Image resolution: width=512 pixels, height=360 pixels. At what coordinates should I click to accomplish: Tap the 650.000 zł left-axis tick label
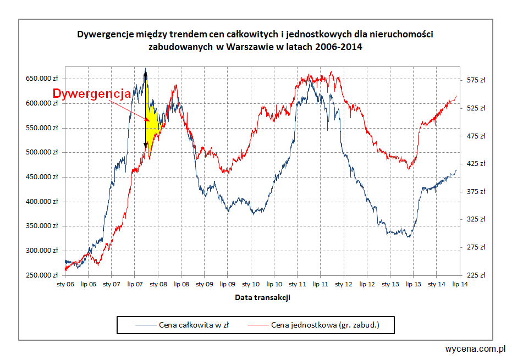click(42, 79)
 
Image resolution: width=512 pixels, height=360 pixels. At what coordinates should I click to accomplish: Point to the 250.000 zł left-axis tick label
click(42, 275)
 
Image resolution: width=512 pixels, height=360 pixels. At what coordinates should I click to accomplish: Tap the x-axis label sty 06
click(65, 284)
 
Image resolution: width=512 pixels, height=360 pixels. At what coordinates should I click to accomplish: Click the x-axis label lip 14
click(460, 284)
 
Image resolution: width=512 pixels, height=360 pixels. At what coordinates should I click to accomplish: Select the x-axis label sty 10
click(251, 284)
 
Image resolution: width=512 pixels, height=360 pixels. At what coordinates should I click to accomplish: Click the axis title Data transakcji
click(262, 297)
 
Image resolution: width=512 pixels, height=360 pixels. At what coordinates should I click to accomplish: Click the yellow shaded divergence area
click(152, 124)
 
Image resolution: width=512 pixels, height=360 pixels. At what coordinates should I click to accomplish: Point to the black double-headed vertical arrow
click(146, 110)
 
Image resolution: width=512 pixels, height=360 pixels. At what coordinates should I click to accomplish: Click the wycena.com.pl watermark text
click(476, 348)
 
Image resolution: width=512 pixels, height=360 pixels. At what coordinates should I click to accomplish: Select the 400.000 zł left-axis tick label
click(42, 201)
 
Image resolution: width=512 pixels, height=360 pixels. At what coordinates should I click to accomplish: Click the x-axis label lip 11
click(321, 284)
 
